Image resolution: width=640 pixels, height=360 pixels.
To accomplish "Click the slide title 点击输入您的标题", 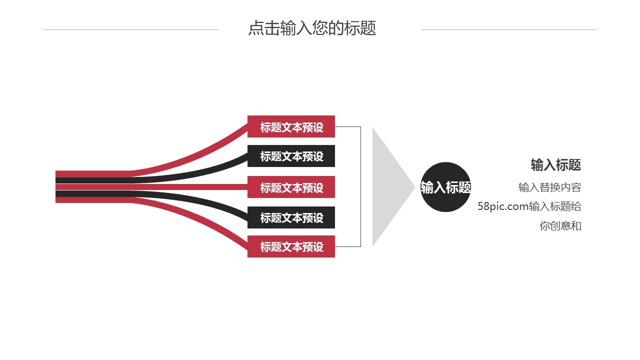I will (312, 28).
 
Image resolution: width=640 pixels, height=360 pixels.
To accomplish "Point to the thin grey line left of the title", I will (131, 29).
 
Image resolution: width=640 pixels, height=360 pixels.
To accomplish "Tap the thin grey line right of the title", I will (508, 29).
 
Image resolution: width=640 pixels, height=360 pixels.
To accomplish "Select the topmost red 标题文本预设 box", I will (291, 127).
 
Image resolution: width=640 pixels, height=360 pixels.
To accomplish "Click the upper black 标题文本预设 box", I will (291, 156).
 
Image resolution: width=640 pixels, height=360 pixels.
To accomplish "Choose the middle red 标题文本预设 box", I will (291, 187).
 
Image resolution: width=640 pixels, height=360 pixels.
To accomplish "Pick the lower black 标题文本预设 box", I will (291, 217).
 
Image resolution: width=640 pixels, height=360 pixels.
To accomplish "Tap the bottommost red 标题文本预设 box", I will (291, 246).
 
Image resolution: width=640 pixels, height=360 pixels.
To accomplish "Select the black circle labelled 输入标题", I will (445, 187).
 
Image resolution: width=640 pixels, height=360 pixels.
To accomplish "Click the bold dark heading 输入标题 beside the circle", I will (555, 164).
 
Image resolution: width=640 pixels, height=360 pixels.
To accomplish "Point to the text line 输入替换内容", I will (549, 187).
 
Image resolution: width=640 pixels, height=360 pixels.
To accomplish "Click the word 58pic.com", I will (502, 206).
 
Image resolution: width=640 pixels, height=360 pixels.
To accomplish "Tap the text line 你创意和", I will (560, 225).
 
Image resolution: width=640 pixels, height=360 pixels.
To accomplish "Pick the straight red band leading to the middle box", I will (200, 187).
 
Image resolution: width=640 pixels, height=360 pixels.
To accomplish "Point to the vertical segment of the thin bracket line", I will (360, 187).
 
